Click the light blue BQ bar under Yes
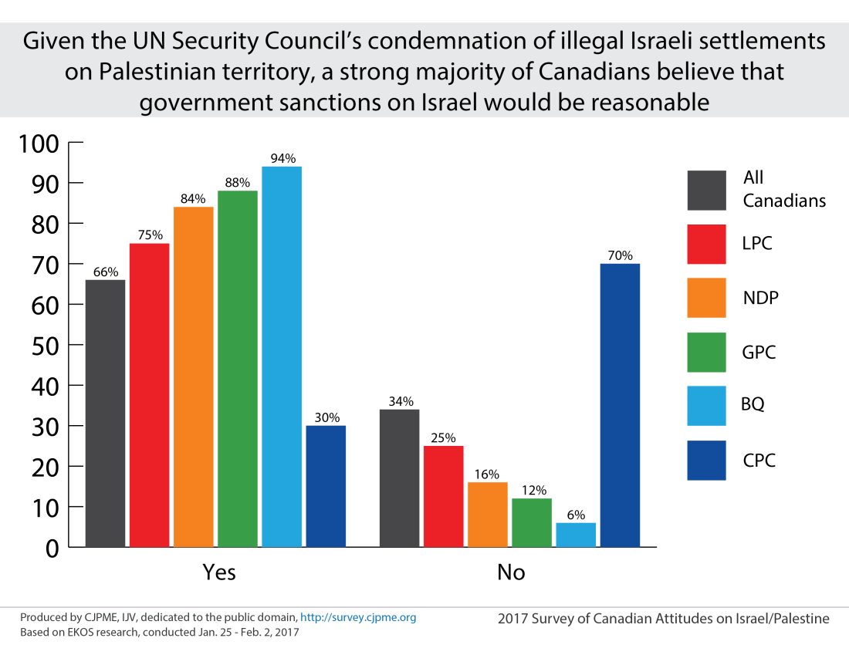point(282,356)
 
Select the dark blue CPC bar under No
point(620,405)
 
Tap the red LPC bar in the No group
point(443,496)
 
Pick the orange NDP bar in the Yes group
point(193,376)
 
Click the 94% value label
point(282,159)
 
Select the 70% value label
point(621,255)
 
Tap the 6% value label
point(576,515)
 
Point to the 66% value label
point(105,272)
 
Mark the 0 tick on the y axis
point(52,548)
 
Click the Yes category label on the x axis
point(219,572)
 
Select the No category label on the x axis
point(511,572)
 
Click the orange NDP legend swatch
point(706,298)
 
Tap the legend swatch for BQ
point(706,406)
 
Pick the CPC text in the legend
point(759,461)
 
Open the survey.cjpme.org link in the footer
point(358,617)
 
